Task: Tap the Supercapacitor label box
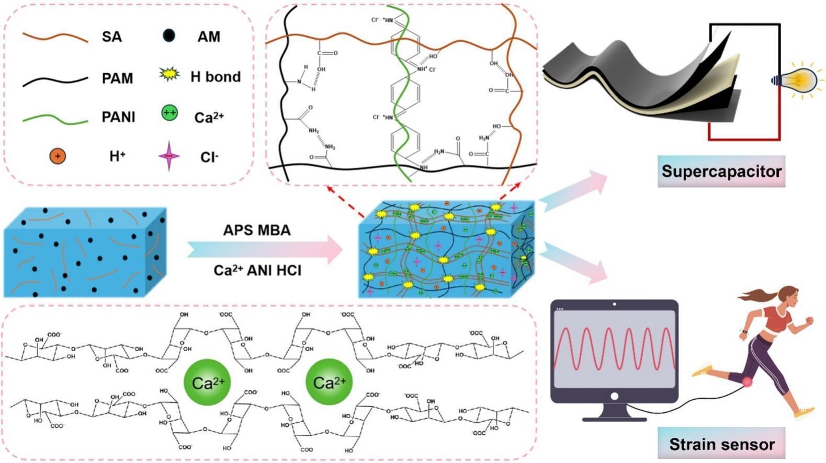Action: pos(721,171)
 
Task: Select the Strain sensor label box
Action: pos(721,444)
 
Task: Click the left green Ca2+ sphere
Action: pos(208,383)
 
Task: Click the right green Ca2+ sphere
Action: pos(329,383)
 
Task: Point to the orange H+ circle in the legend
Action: pos(58,156)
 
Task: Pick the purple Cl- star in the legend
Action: pos(168,156)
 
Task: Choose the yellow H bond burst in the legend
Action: pos(169,76)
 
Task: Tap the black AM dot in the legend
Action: pos(168,36)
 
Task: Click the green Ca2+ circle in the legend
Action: pos(169,113)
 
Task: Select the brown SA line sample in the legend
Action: pos(55,37)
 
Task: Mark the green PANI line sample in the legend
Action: pos(55,119)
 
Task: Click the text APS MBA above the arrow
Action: pos(256,230)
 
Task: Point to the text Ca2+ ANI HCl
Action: pos(257,270)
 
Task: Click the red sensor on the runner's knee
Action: pos(747,382)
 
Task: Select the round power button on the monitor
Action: pos(614,397)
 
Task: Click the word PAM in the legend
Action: pos(118,78)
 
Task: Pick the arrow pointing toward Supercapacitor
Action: pos(573,191)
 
